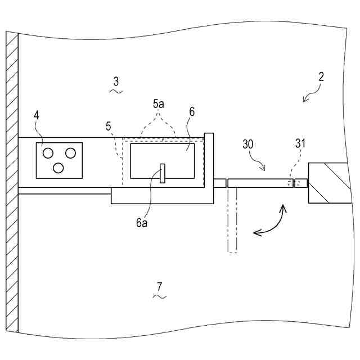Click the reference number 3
[x=116, y=82]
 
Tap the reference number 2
[x=321, y=78]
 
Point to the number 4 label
[x=37, y=115]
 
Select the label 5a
[x=159, y=105]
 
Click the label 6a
[x=142, y=222]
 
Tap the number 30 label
[x=249, y=145]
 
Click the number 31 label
[x=300, y=144]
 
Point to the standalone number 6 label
[x=192, y=112]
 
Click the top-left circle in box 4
[x=48, y=152]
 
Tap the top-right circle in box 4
[x=70, y=152]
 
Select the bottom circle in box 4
[x=58, y=167]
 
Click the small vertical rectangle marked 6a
[x=162, y=173]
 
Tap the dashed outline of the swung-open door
[x=233, y=220]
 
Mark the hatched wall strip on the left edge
[x=12, y=180]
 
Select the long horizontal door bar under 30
[x=260, y=183]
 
